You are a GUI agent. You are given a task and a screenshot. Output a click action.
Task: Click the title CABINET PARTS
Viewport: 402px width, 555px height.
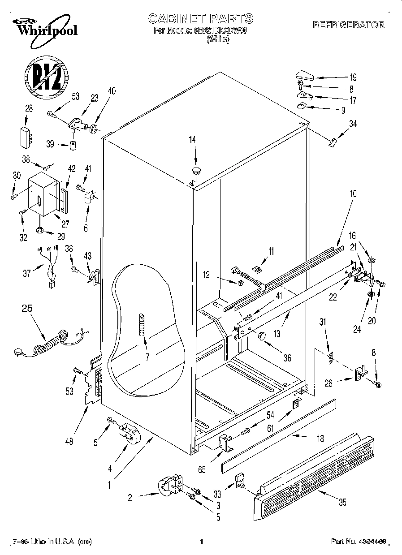(200, 19)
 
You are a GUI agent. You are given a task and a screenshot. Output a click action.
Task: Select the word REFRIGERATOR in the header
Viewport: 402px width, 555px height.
(348, 25)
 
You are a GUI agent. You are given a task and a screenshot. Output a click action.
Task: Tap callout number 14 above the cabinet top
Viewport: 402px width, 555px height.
(192, 140)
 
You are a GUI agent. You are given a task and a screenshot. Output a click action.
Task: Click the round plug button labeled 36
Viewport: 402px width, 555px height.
(262, 335)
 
